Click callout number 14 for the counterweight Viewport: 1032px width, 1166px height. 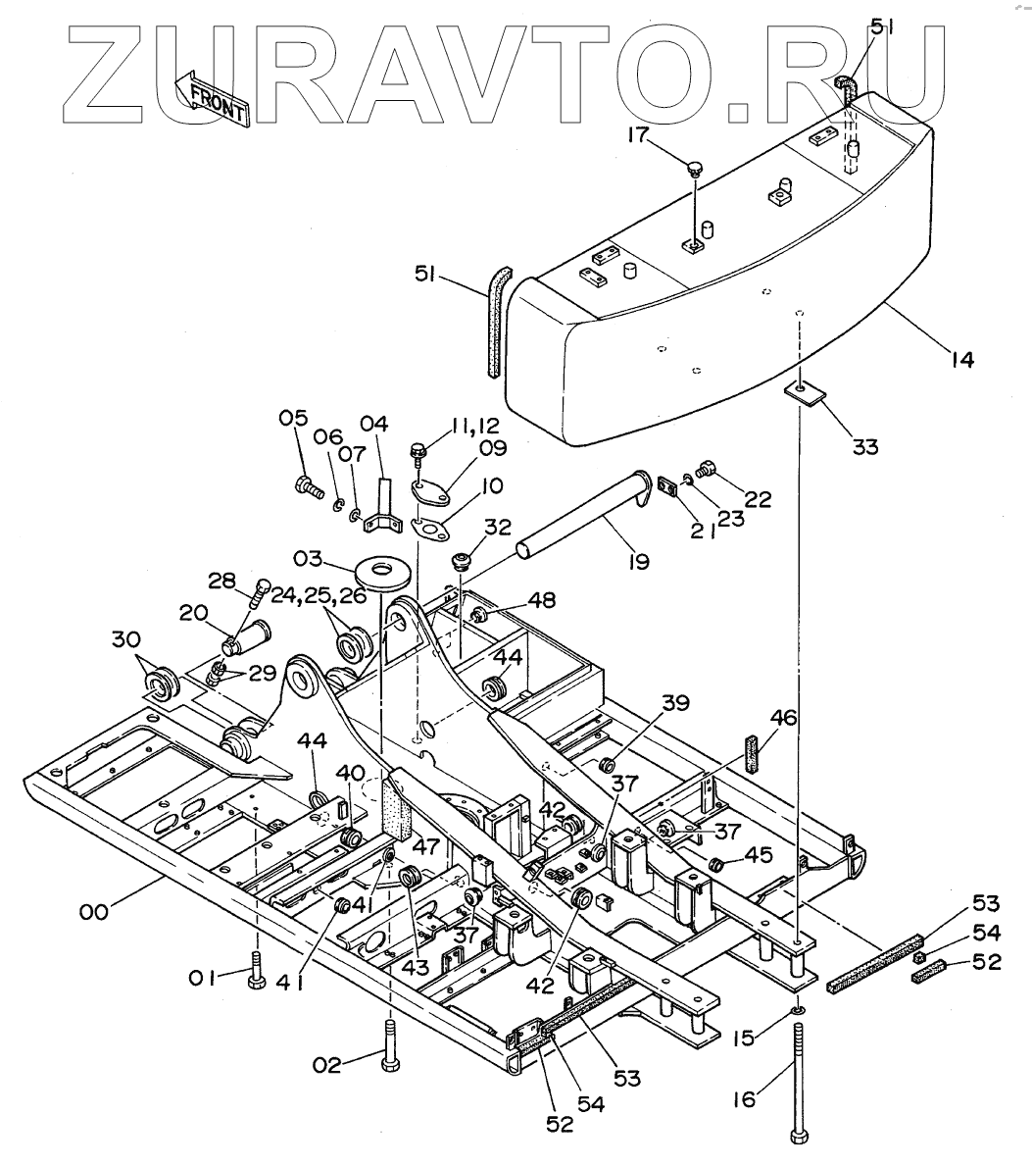coord(961,360)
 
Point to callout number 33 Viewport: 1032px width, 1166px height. coord(864,447)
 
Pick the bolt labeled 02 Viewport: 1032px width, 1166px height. coord(390,1045)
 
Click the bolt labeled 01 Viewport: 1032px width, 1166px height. coord(256,971)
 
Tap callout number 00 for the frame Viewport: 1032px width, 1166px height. coord(94,912)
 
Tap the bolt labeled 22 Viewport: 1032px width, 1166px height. coord(709,470)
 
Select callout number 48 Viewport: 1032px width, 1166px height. coord(542,600)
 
